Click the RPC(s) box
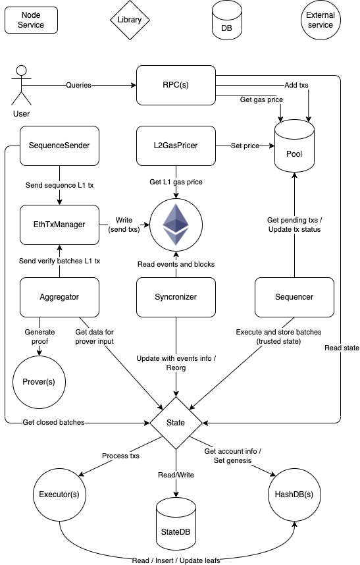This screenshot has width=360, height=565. (176, 85)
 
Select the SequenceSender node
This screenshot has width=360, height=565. (59, 146)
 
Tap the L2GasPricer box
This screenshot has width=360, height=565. (176, 146)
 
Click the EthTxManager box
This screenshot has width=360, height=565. (59, 225)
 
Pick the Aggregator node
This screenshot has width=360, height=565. (59, 297)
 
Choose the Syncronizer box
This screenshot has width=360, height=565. (176, 297)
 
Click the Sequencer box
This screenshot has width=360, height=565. (294, 297)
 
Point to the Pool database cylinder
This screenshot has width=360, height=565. (294, 146)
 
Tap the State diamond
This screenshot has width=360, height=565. (176, 423)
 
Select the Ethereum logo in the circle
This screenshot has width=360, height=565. (176, 225)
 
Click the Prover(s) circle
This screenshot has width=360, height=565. (39, 382)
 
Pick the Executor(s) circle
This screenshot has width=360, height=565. (59, 495)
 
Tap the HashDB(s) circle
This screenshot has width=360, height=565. (294, 495)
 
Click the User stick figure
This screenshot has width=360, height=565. (22, 86)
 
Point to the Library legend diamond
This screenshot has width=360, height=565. (130, 20)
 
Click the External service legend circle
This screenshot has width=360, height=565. (321, 20)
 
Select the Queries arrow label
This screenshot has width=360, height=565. (78, 86)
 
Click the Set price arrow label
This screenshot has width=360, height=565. (245, 146)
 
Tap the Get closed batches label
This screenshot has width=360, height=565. (54, 422)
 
